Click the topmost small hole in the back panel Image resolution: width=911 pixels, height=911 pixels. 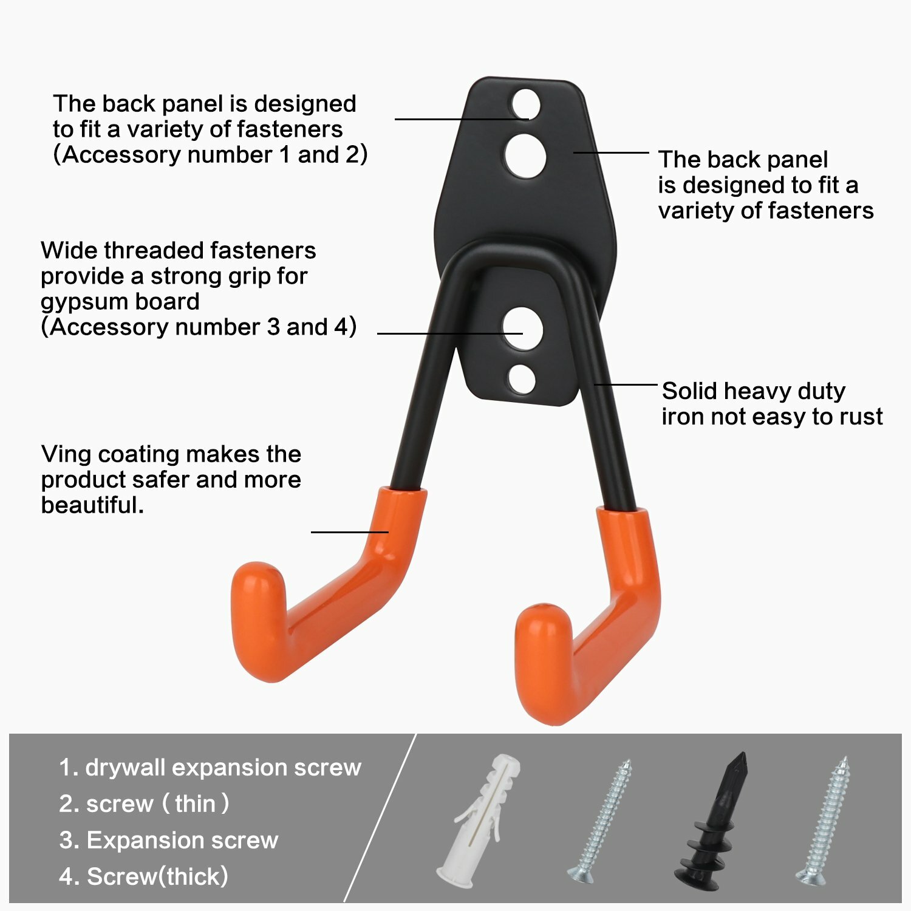pos(525,104)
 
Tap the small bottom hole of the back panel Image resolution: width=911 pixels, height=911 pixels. pos(522,379)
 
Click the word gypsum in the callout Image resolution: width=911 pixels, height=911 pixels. pos(78,302)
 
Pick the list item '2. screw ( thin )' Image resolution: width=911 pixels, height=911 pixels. pos(145,804)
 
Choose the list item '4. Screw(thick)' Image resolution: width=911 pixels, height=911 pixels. pos(144,876)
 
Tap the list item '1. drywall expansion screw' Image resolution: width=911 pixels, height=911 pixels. pos(210,767)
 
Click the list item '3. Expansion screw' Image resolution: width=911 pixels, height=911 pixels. pos(169,840)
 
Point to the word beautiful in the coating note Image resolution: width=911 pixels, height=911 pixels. pos(92,505)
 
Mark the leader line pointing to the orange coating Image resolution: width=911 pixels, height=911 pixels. pos(350,532)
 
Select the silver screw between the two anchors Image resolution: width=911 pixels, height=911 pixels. pos(600,820)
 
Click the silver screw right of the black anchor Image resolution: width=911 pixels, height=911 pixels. pos(824,820)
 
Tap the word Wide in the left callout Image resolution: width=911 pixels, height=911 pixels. pos(67,251)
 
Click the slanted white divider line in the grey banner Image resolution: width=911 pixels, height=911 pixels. pos(380,817)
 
